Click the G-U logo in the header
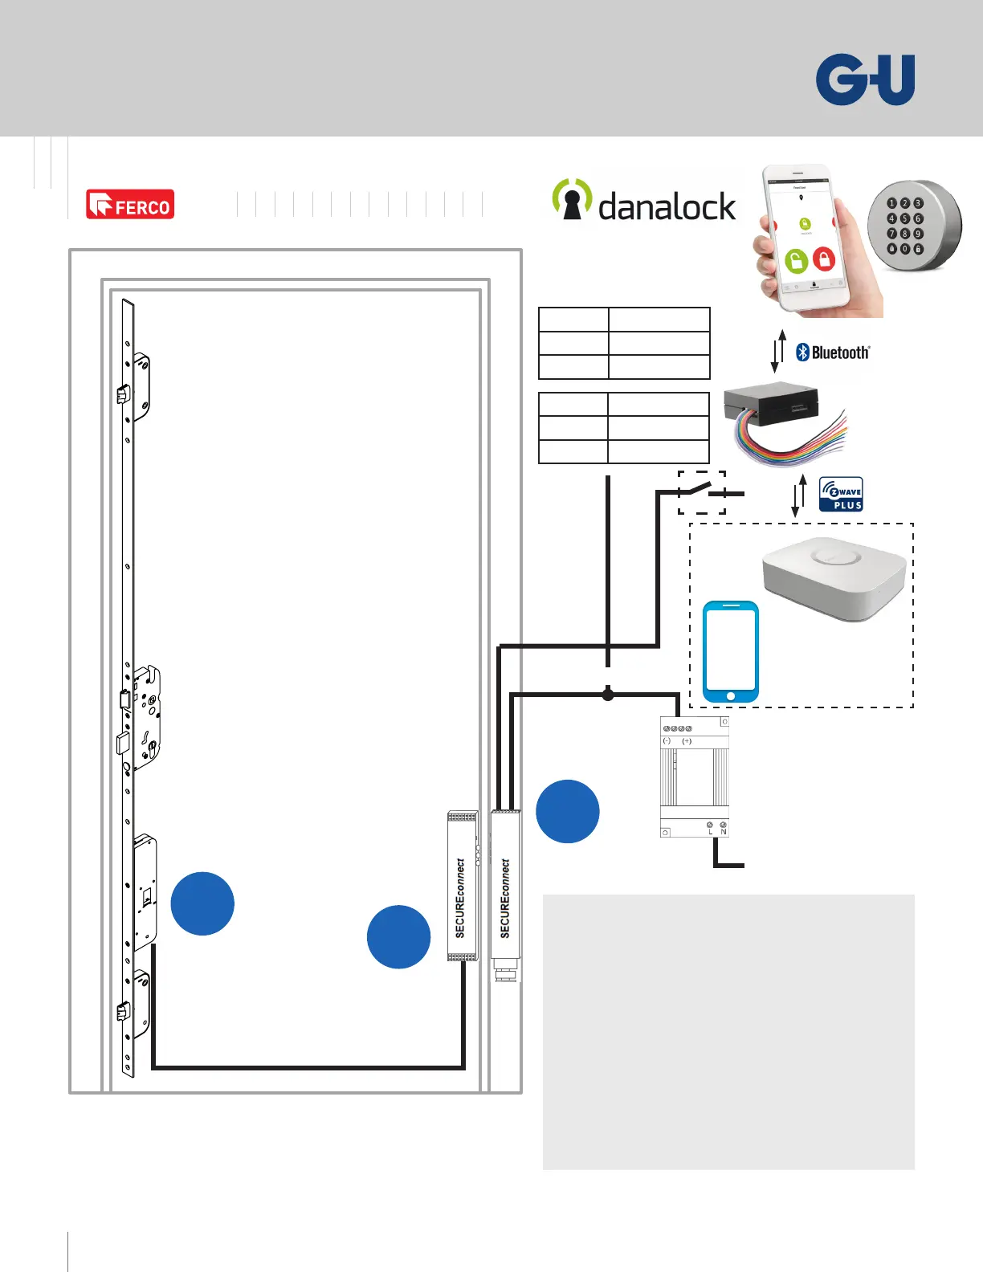[865, 79]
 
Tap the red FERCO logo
[130, 205]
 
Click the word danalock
[667, 206]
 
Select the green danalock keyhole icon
[572, 199]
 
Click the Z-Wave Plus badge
[841, 495]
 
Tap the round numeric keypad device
[913, 226]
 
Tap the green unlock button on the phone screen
[795, 261]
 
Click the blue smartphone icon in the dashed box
[730, 651]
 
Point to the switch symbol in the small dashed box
[701, 491]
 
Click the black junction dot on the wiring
[608, 694]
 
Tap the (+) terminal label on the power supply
[687, 741]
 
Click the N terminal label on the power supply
[723, 832]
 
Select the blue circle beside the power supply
[568, 811]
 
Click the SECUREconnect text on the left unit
[460, 898]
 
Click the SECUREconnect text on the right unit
[505, 898]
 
